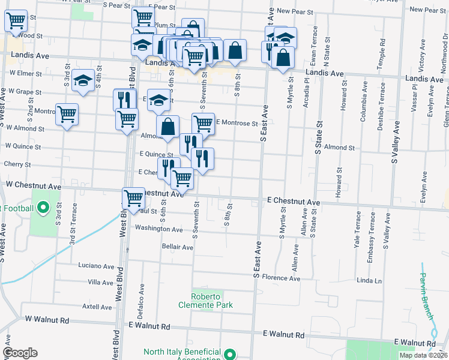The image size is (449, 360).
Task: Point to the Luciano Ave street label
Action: pyautogui.click(x=96, y=266)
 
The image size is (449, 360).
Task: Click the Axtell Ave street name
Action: pyautogui.click(x=97, y=307)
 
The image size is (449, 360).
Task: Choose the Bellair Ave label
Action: pyautogui.click(x=178, y=247)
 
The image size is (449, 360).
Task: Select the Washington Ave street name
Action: pyautogui.click(x=158, y=229)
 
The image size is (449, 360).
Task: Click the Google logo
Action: pyautogui.click(x=20, y=353)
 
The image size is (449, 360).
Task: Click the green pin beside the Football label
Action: pyautogui.click(x=43, y=208)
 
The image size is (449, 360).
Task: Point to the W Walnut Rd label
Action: pyautogui.click(x=44, y=321)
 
